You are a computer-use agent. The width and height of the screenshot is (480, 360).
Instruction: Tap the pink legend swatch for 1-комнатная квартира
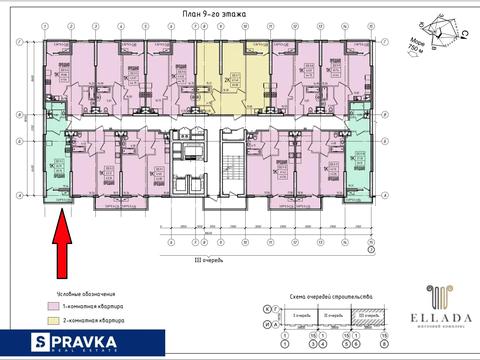click(51, 305)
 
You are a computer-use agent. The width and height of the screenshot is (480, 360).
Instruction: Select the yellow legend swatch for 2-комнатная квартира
click(51, 322)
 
